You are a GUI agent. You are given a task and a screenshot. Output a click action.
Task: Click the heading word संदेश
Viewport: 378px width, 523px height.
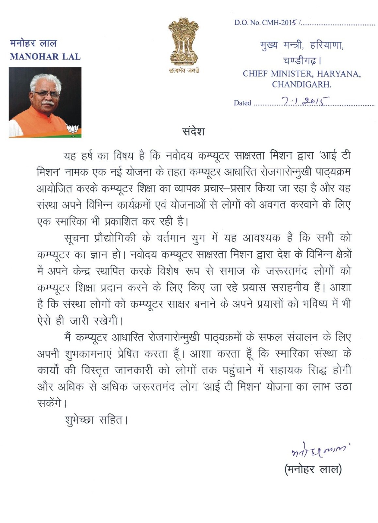(x=193, y=131)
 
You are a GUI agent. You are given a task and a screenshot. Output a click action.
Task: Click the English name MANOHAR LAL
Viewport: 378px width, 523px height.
(x=45, y=57)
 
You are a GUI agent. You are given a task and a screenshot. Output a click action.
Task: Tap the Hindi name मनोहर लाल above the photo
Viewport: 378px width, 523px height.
(x=33, y=43)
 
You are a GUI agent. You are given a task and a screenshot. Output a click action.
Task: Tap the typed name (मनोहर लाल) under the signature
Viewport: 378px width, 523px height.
(x=313, y=469)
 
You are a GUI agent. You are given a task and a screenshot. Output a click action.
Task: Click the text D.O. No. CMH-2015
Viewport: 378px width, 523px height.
(x=265, y=23)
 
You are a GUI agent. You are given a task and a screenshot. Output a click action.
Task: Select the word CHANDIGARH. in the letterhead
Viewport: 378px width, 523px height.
(x=302, y=84)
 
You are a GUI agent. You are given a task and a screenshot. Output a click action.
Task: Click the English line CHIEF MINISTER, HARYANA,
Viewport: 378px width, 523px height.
(x=302, y=74)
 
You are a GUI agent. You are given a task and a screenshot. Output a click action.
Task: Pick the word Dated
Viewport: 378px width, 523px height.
(x=242, y=103)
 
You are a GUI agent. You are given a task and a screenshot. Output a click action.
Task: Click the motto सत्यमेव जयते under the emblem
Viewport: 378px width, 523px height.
(x=184, y=71)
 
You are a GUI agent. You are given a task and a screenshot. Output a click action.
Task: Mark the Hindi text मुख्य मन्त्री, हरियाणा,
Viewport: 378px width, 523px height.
(x=302, y=46)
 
